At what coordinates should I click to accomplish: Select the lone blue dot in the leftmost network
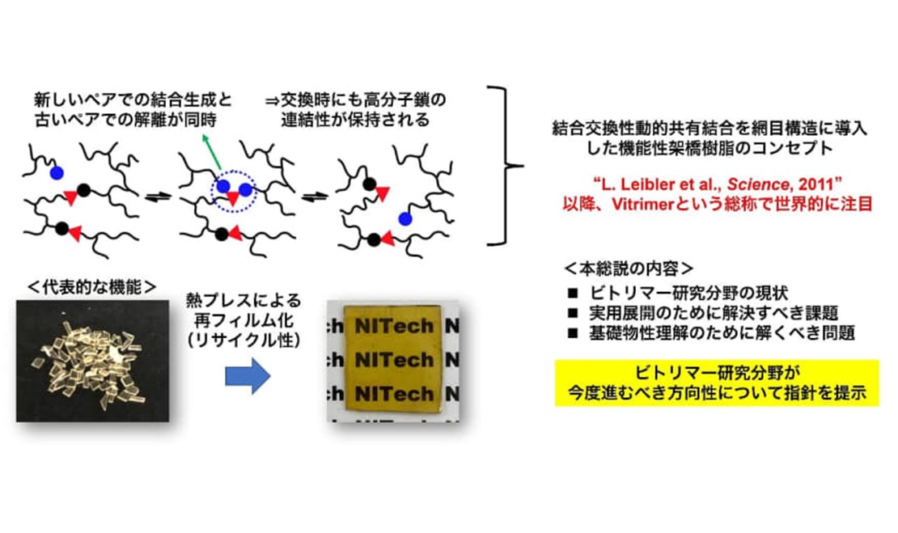(55, 172)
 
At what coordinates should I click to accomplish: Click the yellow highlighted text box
(716, 383)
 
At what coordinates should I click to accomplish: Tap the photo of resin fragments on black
(93, 359)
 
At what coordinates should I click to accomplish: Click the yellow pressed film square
(393, 360)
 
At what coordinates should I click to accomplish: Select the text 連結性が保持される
(346, 119)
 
